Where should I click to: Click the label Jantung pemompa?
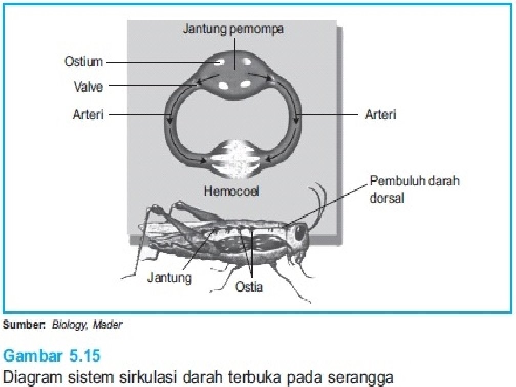click(x=233, y=29)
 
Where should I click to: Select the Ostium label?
click(x=83, y=62)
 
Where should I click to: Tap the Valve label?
click(x=89, y=87)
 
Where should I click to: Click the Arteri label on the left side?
click(x=88, y=115)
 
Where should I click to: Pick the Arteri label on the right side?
click(x=380, y=115)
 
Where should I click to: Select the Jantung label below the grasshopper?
click(x=169, y=278)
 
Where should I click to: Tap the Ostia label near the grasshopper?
click(x=249, y=287)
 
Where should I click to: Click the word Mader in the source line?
click(x=111, y=325)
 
